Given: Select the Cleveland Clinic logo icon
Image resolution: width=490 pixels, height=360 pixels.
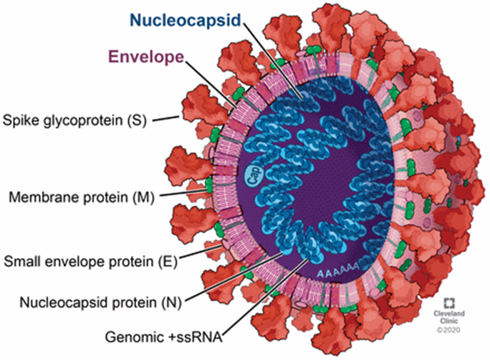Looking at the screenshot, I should pos(451,302).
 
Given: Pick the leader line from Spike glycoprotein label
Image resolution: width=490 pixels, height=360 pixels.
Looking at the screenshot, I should pos(165,117).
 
